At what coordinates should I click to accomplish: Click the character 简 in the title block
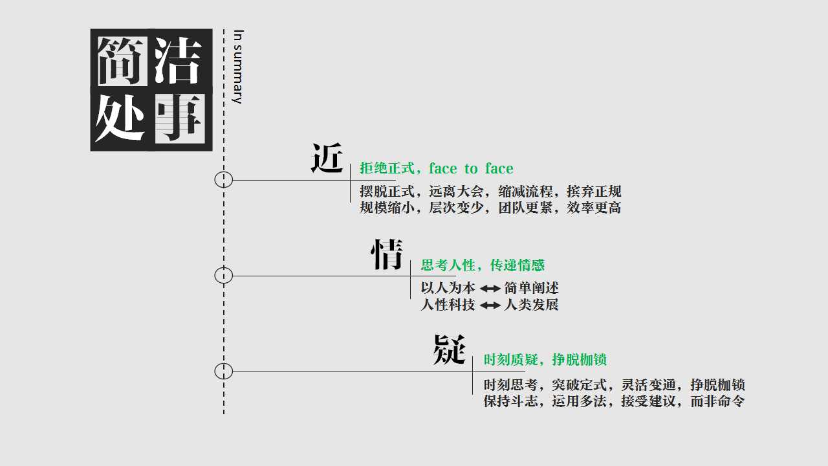coord(122,61)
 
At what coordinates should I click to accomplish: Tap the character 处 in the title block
coord(120,118)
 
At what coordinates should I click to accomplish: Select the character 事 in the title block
coord(180,118)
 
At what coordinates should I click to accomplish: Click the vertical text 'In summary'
coord(238,67)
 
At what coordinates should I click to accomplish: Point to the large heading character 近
coord(327,159)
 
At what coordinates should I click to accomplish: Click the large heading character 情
coord(387,254)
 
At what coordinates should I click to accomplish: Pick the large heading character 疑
coord(450,349)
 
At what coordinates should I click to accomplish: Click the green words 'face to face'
coord(472,169)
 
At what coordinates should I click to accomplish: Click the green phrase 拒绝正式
coord(387,169)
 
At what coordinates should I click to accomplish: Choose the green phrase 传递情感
coord(517,265)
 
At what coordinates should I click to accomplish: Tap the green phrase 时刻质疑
coord(511,359)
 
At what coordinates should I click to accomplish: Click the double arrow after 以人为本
coord(490,289)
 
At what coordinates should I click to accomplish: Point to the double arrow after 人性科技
coord(490,305)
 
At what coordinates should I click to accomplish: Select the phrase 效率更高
coord(594,208)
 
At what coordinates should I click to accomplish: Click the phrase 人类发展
coord(532,305)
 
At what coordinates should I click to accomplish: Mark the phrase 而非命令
coord(717,401)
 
